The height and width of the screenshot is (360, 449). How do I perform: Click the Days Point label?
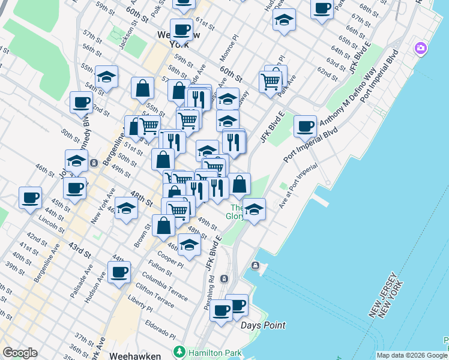point(263,325)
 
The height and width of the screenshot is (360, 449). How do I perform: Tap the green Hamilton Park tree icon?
point(178,351)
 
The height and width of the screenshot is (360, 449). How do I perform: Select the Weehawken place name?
point(135,356)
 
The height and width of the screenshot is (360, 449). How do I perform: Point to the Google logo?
point(20,353)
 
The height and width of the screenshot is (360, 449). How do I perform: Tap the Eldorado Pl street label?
point(160,330)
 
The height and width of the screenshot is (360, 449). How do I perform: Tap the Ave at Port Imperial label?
point(298,187)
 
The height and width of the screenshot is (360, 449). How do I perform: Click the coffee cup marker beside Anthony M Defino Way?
point(306,127)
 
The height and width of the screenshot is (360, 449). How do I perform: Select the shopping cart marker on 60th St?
point(271,81)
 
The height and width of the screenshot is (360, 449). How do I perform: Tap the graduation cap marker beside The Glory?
point(254,209)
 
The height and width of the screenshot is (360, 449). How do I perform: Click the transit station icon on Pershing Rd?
point(224,279)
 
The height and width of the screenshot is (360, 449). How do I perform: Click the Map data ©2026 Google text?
point(411,355)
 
